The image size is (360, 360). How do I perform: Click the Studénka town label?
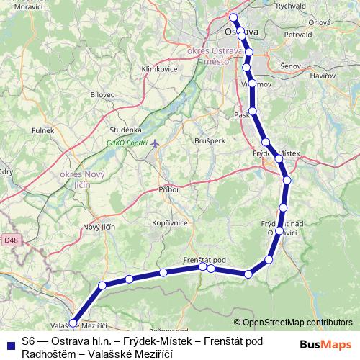pos(125,129)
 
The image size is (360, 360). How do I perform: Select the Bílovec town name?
pos(102,94)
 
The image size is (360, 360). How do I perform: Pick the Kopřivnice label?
pos(169,223)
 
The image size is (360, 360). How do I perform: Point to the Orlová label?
pos(319,22)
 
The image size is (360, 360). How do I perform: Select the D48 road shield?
pos(9,239)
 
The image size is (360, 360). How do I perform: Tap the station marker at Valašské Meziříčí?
pos(73,323)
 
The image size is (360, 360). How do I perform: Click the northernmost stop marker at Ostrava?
pos(233,17)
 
